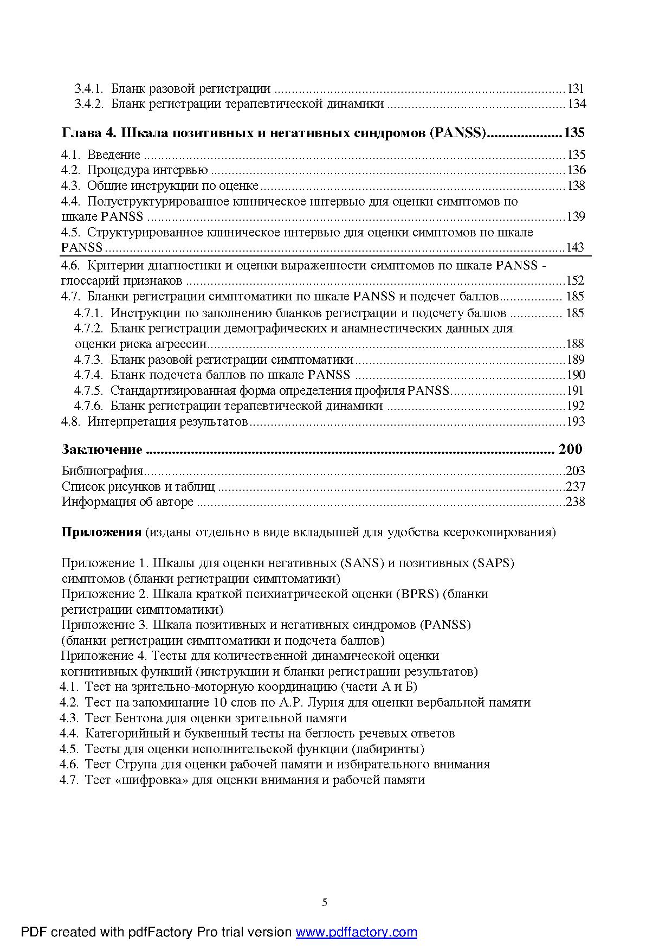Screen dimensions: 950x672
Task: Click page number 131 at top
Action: pyautogui.click(x=576, y=88)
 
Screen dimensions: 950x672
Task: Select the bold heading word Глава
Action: pyautogui.click(x=79, y=132)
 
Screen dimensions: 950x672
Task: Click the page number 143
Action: pyautogui.click(x=575, y=247)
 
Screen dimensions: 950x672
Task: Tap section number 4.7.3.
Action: pyautogui.click(x=88, y=360)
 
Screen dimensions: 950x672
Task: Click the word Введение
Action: pyautogui.click(x=114, y=155)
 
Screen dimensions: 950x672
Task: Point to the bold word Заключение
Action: pyautogui.click(x=102, y=450)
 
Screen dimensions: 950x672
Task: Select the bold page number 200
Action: pyautogui.click(x=570, y=449)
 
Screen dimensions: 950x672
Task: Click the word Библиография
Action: pyautogui.click(x=102, y=471)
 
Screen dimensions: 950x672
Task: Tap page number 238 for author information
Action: pyautogui.click(x=575, y=502)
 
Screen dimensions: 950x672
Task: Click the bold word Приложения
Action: pyautogui.click(x=101, y=532)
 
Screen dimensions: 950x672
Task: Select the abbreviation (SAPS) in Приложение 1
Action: pyautogui.click(x=494, y=563)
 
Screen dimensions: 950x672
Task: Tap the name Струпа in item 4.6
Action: pyautogui.click(x=137, y=764)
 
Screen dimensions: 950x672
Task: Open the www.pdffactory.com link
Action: pyautogui.click(x=356, y=932)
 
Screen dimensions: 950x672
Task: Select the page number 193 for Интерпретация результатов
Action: pyautogui.click(x=575, y=421)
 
